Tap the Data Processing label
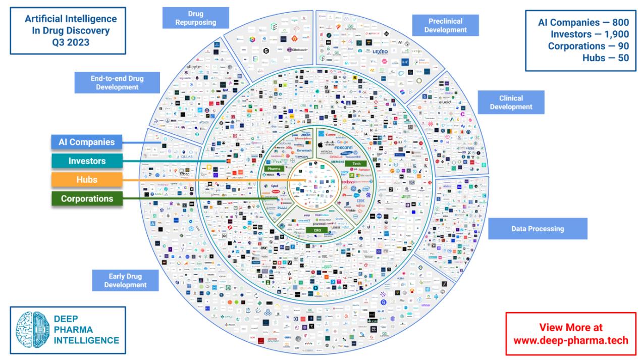click(x=538, y=229)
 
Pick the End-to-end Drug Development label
click(x=117, y=83)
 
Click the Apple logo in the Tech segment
click(x=320, y=144)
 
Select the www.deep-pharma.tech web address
click(x=571, y=340)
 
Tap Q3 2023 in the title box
click(x=71, y=42)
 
